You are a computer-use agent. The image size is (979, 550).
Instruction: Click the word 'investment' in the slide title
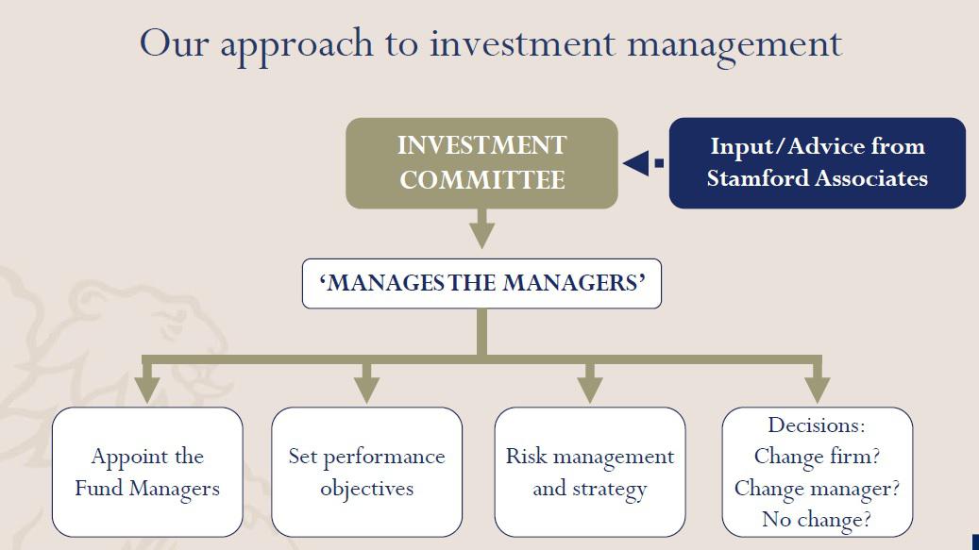tap(522, 44)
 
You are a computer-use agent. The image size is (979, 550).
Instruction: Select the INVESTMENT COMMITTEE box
tap(481, 162)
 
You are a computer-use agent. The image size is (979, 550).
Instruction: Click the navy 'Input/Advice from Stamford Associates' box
tap(817, 162)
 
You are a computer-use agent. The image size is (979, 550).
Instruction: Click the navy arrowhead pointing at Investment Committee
tap(636, 162)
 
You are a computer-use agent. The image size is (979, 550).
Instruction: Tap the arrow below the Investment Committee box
tap(482, 230)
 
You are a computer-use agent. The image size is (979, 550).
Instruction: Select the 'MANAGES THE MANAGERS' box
tap(481, 283)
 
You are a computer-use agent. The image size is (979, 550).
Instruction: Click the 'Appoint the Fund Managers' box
tap(147, 472)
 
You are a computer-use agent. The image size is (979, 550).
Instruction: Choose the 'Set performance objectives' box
tap(366, 472)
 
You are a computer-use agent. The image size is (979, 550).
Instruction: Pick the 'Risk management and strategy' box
tap(590, 472)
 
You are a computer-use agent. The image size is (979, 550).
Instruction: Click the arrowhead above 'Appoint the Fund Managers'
tap(147, 388)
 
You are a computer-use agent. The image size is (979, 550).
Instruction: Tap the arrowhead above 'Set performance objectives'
tap(366, 388)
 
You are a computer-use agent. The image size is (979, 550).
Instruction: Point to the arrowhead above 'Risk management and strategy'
tap(590, 388)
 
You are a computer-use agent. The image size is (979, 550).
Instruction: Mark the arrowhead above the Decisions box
tap(818, 388)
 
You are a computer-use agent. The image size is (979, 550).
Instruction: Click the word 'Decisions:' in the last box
tap(817, 425)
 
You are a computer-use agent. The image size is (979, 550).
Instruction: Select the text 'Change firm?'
tap(817, 457)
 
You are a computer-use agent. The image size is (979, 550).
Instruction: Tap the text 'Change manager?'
tap(817, 488)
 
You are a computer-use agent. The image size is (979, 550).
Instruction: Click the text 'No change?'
tap(817, 519)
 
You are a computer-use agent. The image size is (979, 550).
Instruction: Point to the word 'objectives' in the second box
tap(366, 489)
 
